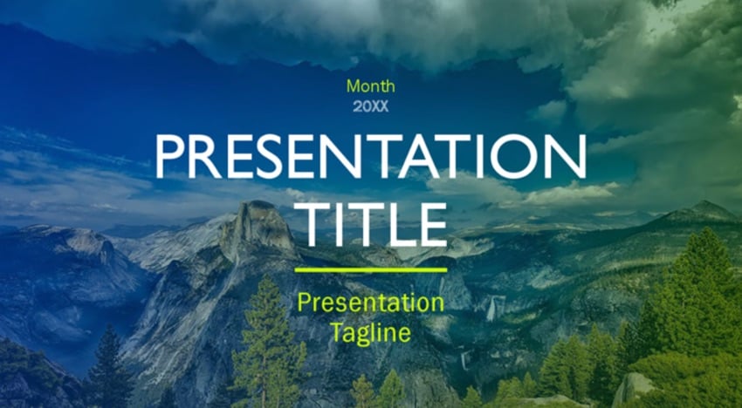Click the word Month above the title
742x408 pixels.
370,86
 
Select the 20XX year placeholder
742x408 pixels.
370,107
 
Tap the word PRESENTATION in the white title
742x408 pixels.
370,156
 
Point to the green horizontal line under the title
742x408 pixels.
370,270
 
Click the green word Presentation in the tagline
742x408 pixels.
370,303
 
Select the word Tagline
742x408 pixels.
370,332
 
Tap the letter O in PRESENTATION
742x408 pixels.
514,156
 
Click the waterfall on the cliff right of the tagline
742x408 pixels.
492,309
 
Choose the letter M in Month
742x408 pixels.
354,86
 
